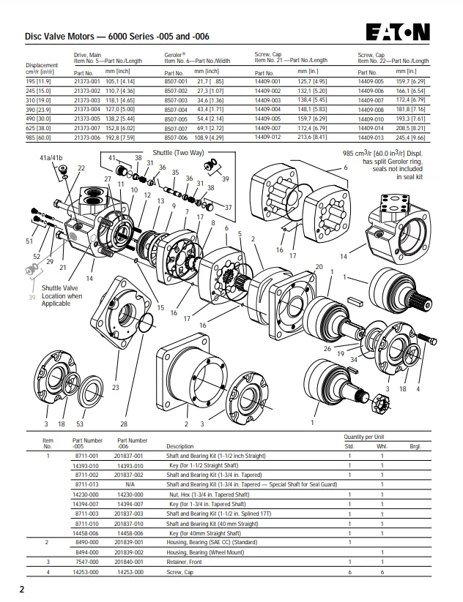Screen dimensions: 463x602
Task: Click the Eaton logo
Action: tap(398, 32)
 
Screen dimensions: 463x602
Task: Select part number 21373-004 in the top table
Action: tap(87, 110)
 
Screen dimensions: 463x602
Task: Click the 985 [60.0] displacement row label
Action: tap(38, 138)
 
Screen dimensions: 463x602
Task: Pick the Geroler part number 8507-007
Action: tap(176, 128)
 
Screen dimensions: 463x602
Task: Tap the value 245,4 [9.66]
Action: tap(411, 138)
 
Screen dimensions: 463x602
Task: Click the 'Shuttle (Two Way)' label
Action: tap(179, 153)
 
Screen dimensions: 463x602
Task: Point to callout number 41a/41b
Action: tap(51, 158)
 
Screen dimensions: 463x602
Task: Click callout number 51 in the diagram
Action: tap(29, 241)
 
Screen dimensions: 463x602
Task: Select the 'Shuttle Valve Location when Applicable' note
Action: tap(62, 296)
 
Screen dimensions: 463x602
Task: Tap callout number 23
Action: tap(115, 388)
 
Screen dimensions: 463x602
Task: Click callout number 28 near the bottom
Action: tap(123, 424)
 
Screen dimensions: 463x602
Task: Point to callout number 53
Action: tap(80, 424)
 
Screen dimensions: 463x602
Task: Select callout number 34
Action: tap(353, 360)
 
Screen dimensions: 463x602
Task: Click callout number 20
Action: tap(319, 267)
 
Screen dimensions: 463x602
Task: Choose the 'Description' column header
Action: tap(180, 446)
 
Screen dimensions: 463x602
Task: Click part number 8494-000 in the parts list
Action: tap(87, 552)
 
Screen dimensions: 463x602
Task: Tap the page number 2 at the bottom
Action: tap(22, 590)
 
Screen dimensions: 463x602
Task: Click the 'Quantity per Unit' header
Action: tap(364, 437)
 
